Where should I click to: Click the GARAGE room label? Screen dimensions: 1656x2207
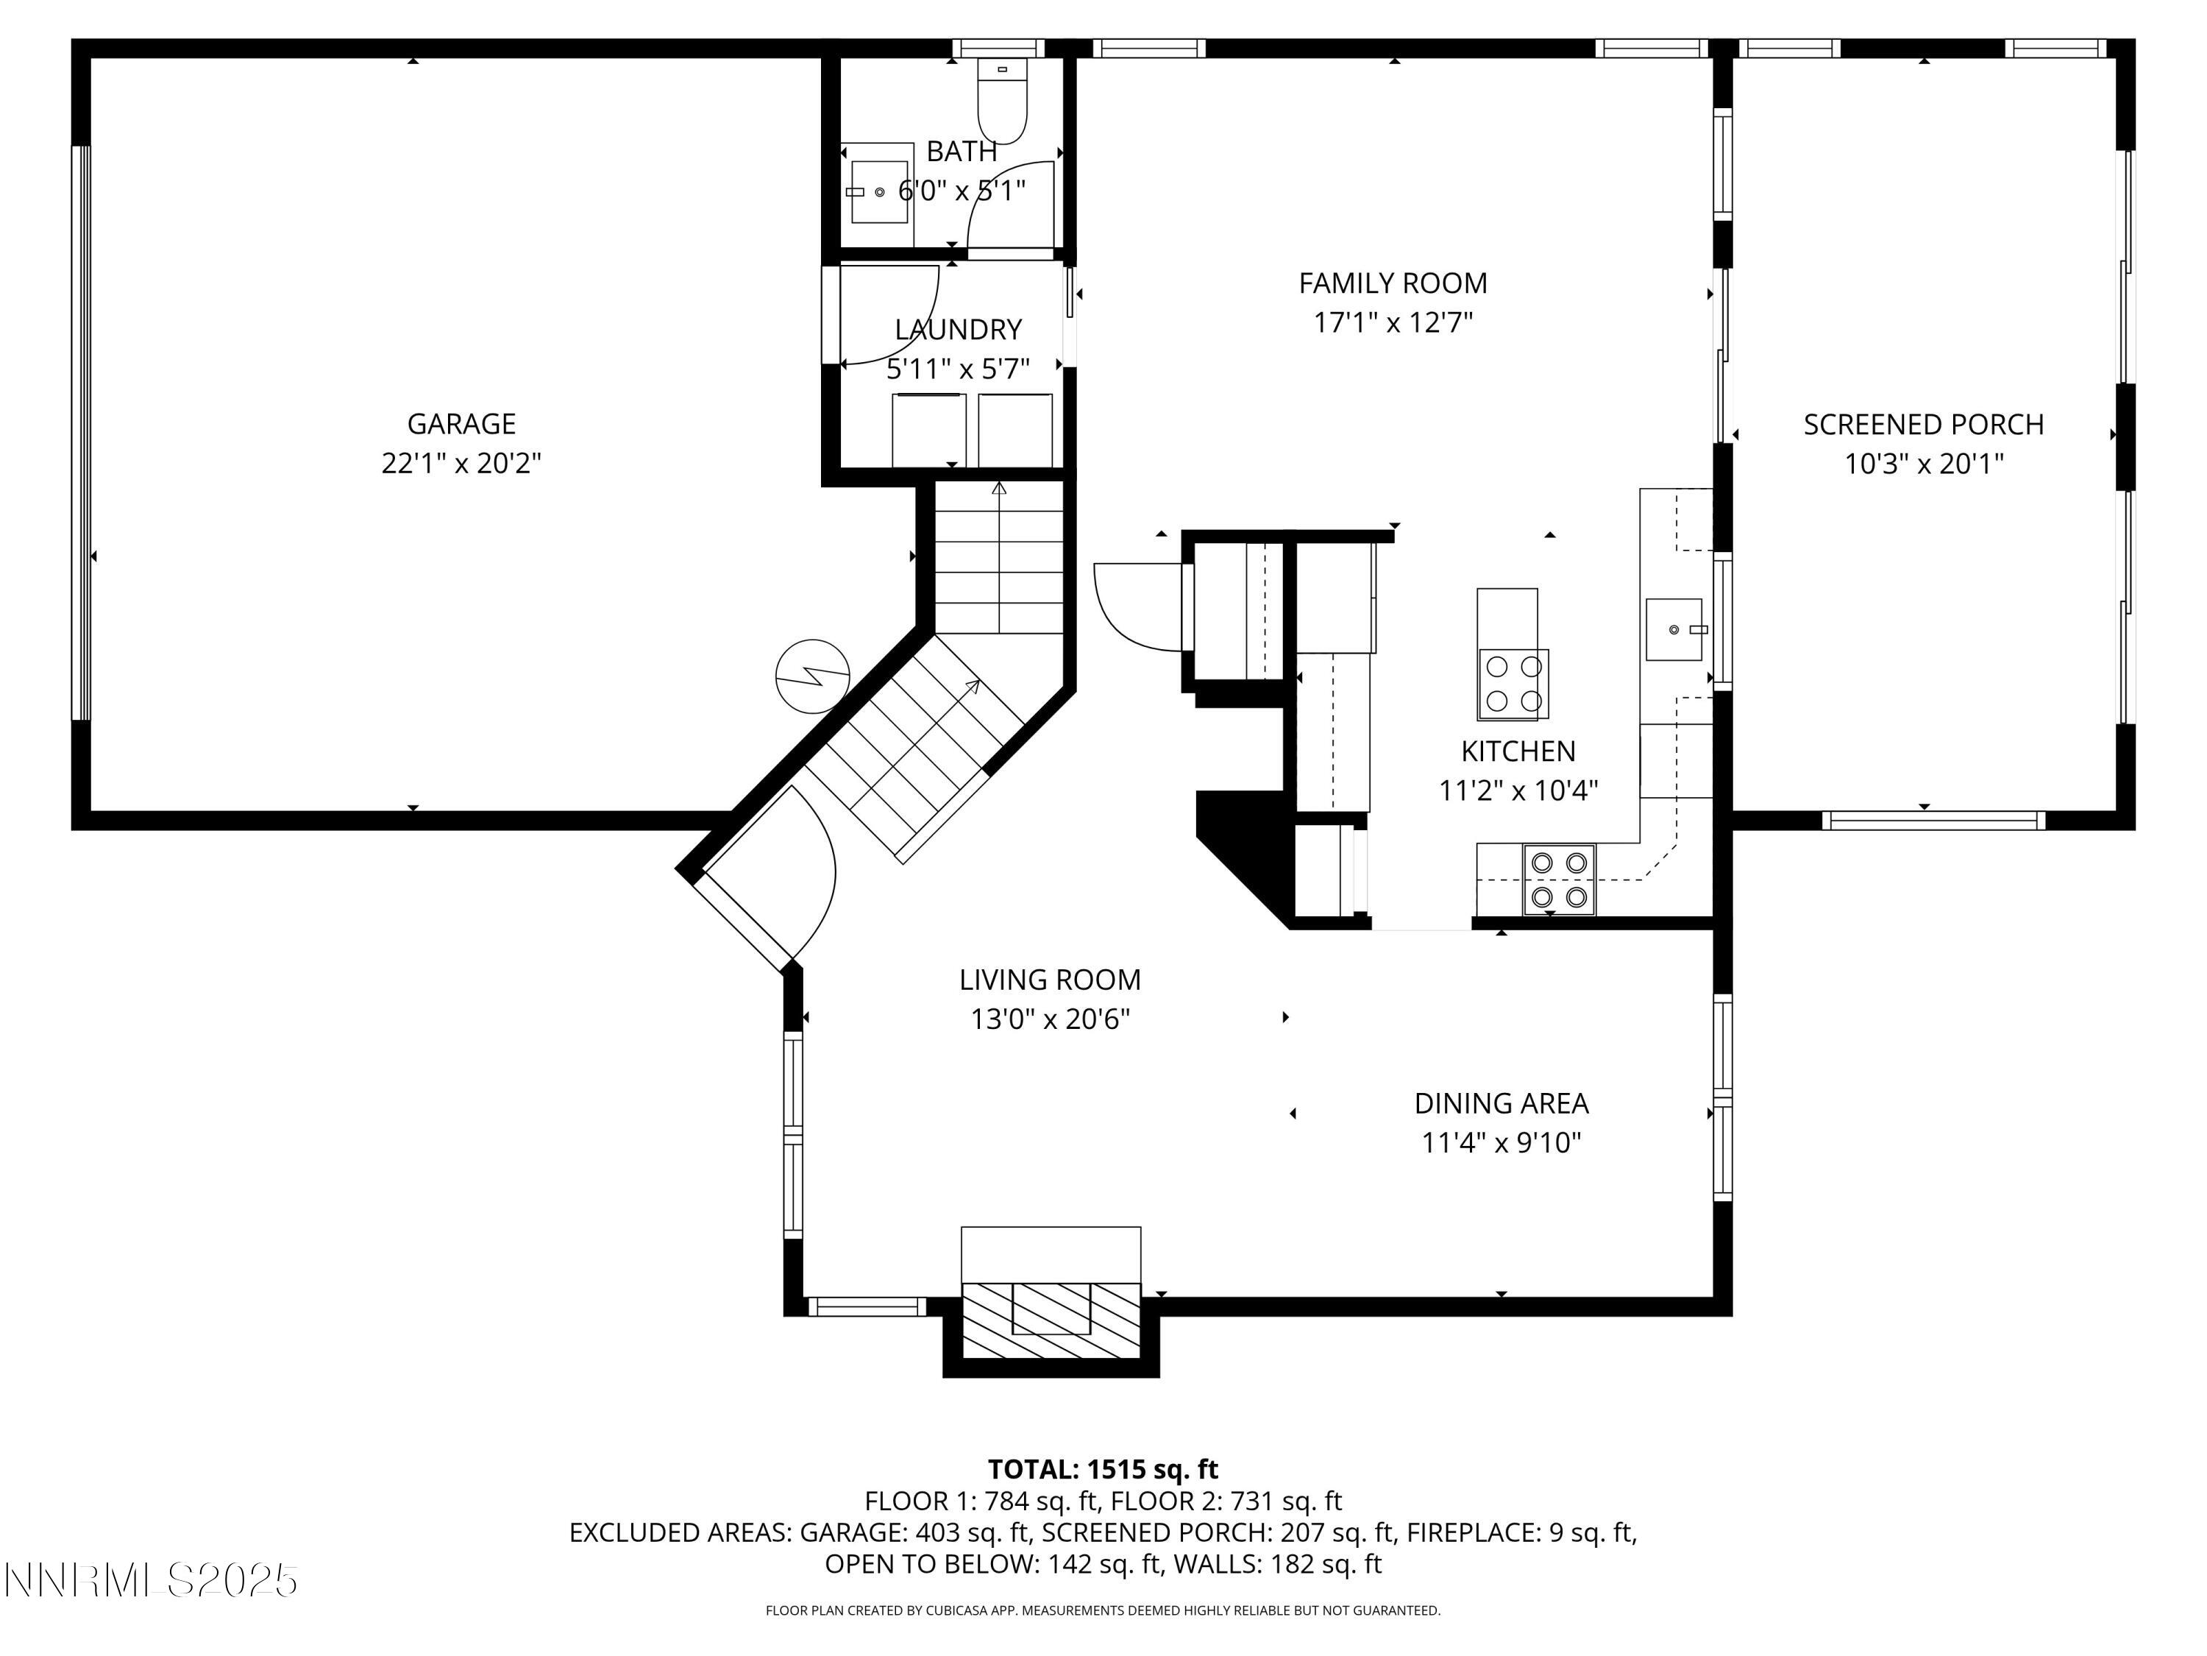point(461,424)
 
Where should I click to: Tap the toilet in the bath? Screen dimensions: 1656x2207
point(1002,105)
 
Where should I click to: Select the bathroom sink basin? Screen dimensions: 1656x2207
point(878,191)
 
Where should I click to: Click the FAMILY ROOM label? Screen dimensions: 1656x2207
point(1393,283)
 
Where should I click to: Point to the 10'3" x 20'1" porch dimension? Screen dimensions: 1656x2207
point(1924,464)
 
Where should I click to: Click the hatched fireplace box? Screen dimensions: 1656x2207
point(1051,1320)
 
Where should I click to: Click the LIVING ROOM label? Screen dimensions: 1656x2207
point(1050,980)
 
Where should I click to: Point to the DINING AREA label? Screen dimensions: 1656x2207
point(1501,1103)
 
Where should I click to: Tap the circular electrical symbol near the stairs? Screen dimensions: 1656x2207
point(813,676)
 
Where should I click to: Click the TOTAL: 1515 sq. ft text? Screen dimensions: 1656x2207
point(1103,1469)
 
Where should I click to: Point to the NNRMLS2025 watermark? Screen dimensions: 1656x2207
point(152,1581)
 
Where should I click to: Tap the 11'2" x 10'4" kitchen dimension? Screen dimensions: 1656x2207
point(1518,791)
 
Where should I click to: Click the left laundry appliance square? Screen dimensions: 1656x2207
point(928,429)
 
